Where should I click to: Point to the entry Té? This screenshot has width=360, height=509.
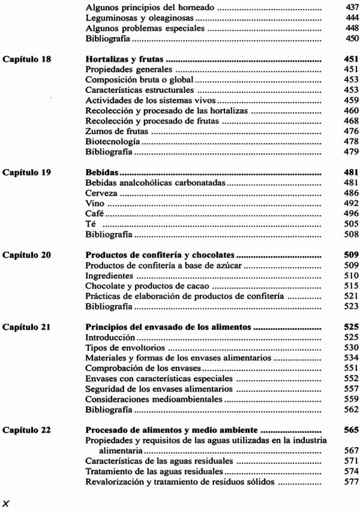[x=91, y=227]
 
